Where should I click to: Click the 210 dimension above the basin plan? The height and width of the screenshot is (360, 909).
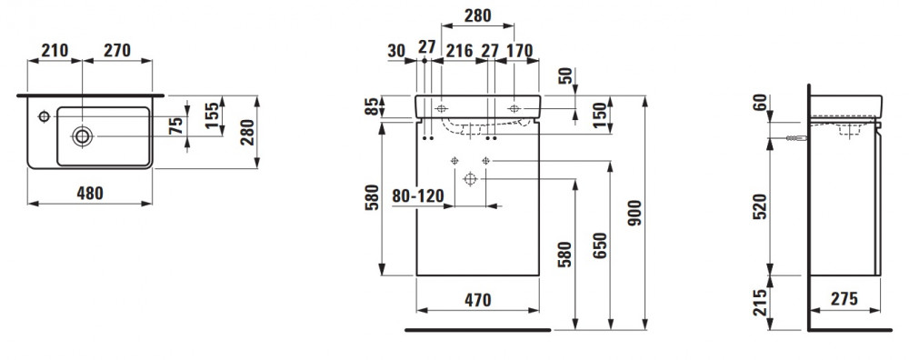tap(55, 50)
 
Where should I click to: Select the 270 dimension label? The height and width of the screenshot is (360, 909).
tap(117, 50)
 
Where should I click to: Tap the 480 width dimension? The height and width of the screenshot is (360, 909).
tap(90, 193)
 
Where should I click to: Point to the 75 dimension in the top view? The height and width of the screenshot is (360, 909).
tap(178, 125)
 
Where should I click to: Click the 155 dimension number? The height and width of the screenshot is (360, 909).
tap(212, 116)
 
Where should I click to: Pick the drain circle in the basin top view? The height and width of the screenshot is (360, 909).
tap(83, 136)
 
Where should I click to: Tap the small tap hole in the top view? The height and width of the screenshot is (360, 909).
tap(44, 116)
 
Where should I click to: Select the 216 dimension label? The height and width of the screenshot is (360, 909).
tap(459, 51)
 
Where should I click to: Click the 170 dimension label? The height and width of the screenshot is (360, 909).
tap(519, 51)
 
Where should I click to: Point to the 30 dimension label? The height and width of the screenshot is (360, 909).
tap(396, 51)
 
